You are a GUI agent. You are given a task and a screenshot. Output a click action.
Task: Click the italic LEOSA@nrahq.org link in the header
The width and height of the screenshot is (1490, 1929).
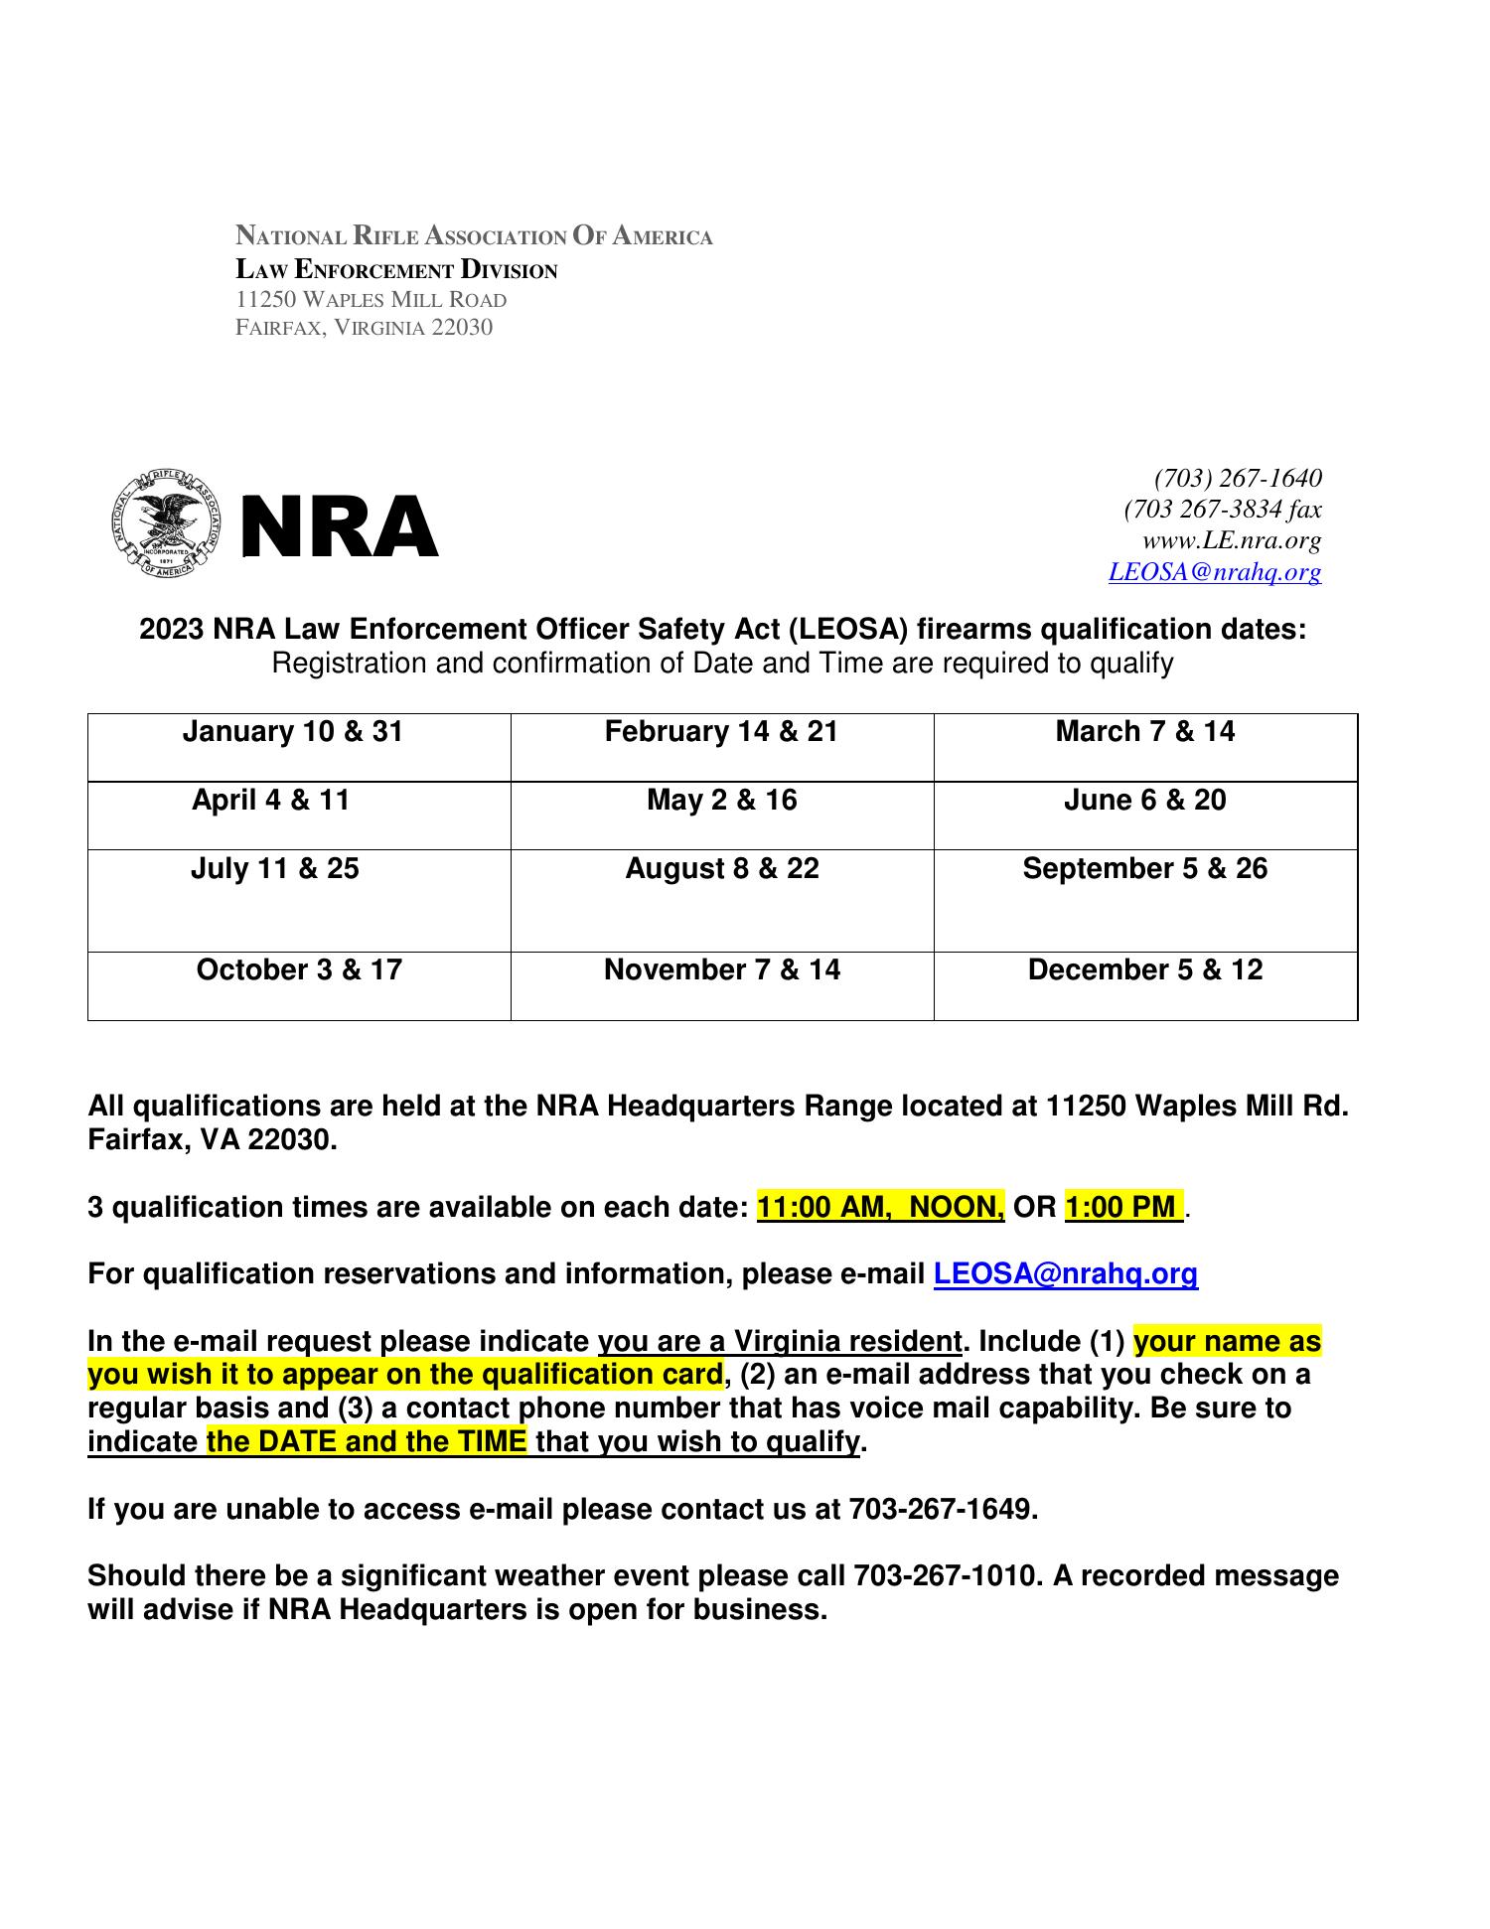pyautogui.click(x=1214, y=572)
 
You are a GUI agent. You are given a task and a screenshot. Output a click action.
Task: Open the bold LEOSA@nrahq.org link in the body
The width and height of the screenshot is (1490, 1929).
pyautogui.click(x=1065, y=1274)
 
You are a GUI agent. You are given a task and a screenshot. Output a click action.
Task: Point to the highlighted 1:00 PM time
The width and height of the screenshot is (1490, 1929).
pyautogui.click(x=1120, y=1208)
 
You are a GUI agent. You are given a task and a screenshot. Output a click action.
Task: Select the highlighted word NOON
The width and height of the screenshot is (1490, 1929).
pyautogui.click(x=956, y=1208)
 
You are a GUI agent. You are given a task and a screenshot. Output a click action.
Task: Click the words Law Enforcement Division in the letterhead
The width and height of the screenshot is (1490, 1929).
pyautogui.click(x=396, y=270)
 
